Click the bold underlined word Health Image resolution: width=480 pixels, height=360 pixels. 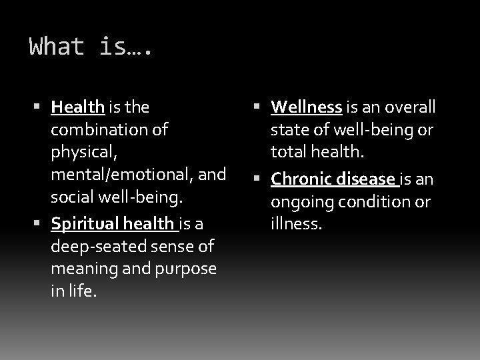click(77, 106)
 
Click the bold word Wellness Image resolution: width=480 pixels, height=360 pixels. click(307, 106)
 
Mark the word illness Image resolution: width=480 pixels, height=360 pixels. click(297, 223)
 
